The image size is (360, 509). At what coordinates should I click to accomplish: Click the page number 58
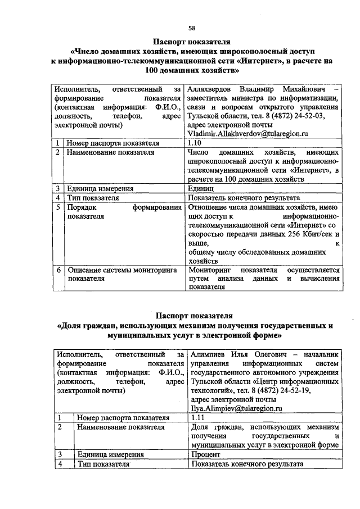coord(191,28)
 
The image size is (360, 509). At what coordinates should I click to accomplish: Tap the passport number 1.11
coord(197,418)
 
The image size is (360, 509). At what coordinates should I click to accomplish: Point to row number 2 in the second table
coord(60,427)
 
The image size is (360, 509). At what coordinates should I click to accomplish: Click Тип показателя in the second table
coord(103,464)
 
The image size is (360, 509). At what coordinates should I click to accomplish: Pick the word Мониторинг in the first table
coord(211,270)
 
